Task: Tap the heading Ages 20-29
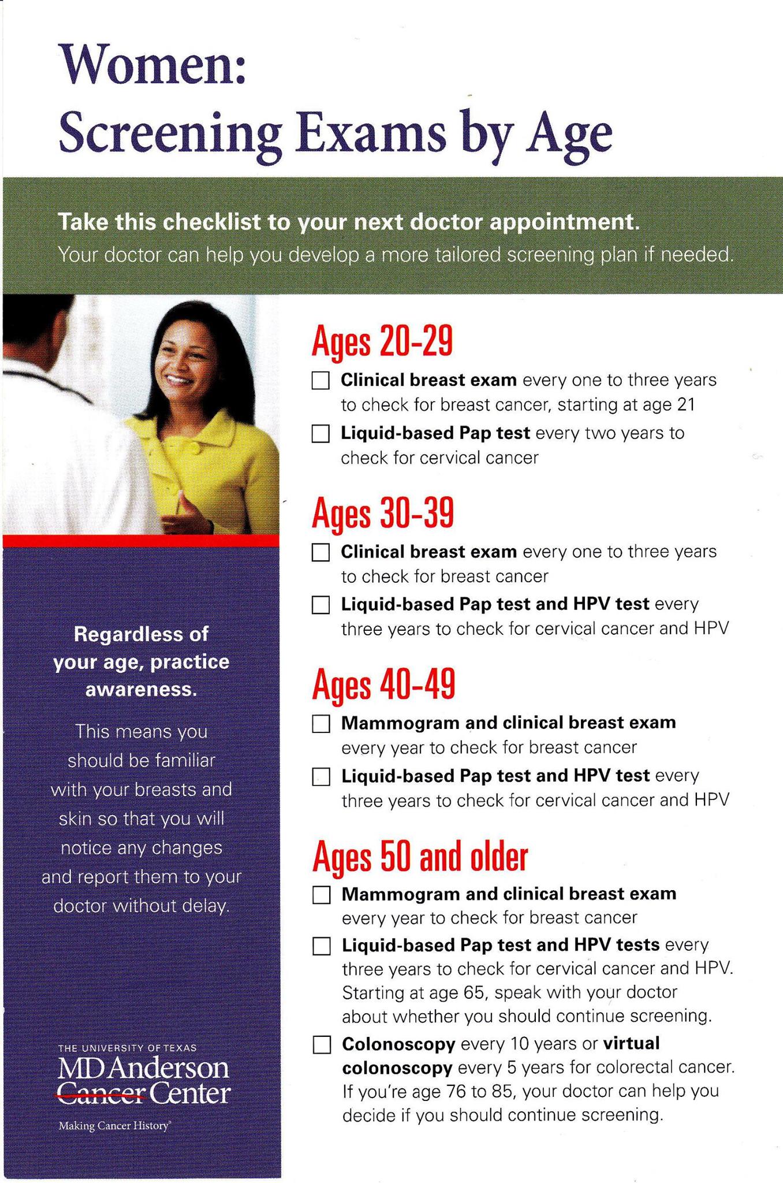(382, 341)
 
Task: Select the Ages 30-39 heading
(383, 512)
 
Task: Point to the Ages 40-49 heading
(383, 684)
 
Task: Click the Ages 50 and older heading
(420, 856)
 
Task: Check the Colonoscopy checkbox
(322, 1044)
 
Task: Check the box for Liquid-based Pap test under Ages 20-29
(320, 433)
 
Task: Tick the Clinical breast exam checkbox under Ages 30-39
(320, 552)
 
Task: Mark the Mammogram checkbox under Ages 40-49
(321, 723)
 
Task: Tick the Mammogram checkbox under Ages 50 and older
(322, 895)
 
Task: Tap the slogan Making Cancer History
(114, 1126)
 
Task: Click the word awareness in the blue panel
(141, 690)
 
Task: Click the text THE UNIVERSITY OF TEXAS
(128, 1048)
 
